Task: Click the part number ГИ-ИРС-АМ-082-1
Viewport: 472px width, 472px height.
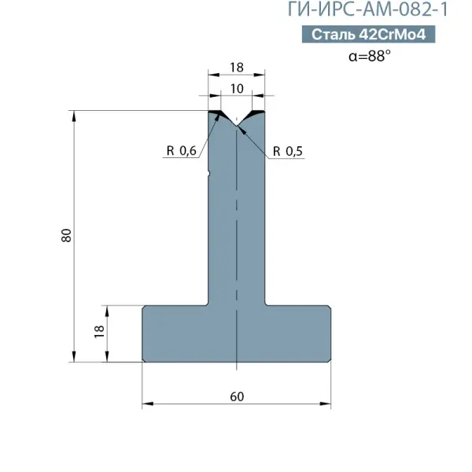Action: click(x=368, y=9)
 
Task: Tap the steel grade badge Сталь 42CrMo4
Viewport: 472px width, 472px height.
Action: click(x=368, y=34)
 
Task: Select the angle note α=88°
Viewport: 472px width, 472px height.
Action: click(x=370, y=56)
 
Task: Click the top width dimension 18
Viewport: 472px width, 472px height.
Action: click(x=237, y=68)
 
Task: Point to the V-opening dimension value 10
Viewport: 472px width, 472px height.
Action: click(x=237, y=88)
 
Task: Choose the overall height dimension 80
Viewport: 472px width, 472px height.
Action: click(x=67, y=235)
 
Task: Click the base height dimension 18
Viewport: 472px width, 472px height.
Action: click(x=99, y=332)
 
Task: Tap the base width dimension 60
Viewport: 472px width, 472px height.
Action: click(x=237, y=396)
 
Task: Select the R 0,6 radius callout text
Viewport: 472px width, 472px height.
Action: click(x=181, y=150)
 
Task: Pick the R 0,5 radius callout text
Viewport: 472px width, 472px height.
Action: click(x=288, y=151)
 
